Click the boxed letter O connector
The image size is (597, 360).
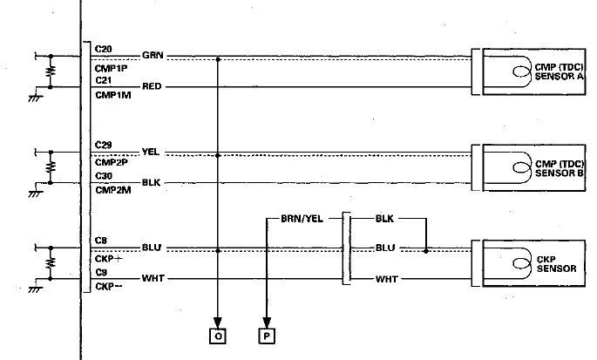tap(218, 335)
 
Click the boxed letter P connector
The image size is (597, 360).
tap(265, 335)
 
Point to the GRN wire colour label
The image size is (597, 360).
tap(152, 54)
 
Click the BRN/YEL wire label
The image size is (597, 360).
tap(302, 218)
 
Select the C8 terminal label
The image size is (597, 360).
tap(100, 240)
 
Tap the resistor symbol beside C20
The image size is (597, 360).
tap(51, 69)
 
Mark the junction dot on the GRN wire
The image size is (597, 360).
tap(218, 58)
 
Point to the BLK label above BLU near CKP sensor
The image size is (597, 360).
tap(385, 218)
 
